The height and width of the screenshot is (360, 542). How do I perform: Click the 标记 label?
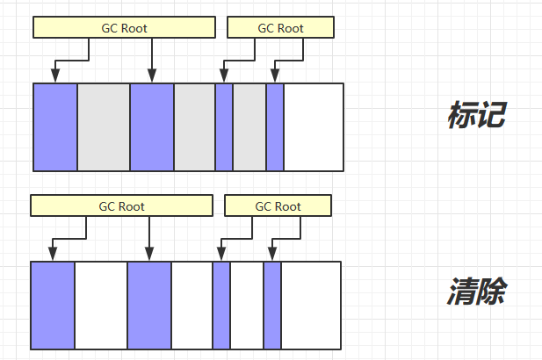476,115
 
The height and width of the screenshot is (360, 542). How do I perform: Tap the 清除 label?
476,292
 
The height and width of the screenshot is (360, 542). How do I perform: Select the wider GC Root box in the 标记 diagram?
124,28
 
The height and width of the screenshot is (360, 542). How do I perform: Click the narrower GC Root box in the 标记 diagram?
280,28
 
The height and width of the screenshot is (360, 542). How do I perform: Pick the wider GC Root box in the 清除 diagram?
121,206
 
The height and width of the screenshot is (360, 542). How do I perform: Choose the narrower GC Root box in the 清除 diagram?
278,206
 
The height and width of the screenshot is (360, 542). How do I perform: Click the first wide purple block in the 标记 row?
55,127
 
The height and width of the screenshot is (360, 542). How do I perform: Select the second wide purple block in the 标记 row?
152,127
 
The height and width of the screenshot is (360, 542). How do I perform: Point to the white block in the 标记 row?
314,127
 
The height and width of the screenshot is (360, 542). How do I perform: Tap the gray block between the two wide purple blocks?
104,127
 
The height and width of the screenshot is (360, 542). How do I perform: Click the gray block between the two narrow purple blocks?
249,127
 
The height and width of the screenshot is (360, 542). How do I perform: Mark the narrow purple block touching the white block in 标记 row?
275,127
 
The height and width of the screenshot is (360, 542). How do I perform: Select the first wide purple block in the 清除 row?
53,306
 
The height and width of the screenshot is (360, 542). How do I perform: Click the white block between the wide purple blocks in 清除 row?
101,306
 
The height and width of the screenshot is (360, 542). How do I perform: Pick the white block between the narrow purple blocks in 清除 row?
247,306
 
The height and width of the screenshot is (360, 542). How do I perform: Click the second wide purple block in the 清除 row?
149,306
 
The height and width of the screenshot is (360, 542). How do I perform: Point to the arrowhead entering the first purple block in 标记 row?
55,77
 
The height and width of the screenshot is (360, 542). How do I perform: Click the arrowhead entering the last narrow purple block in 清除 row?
272,256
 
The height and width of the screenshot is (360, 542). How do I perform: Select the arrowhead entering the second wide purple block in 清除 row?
149,256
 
